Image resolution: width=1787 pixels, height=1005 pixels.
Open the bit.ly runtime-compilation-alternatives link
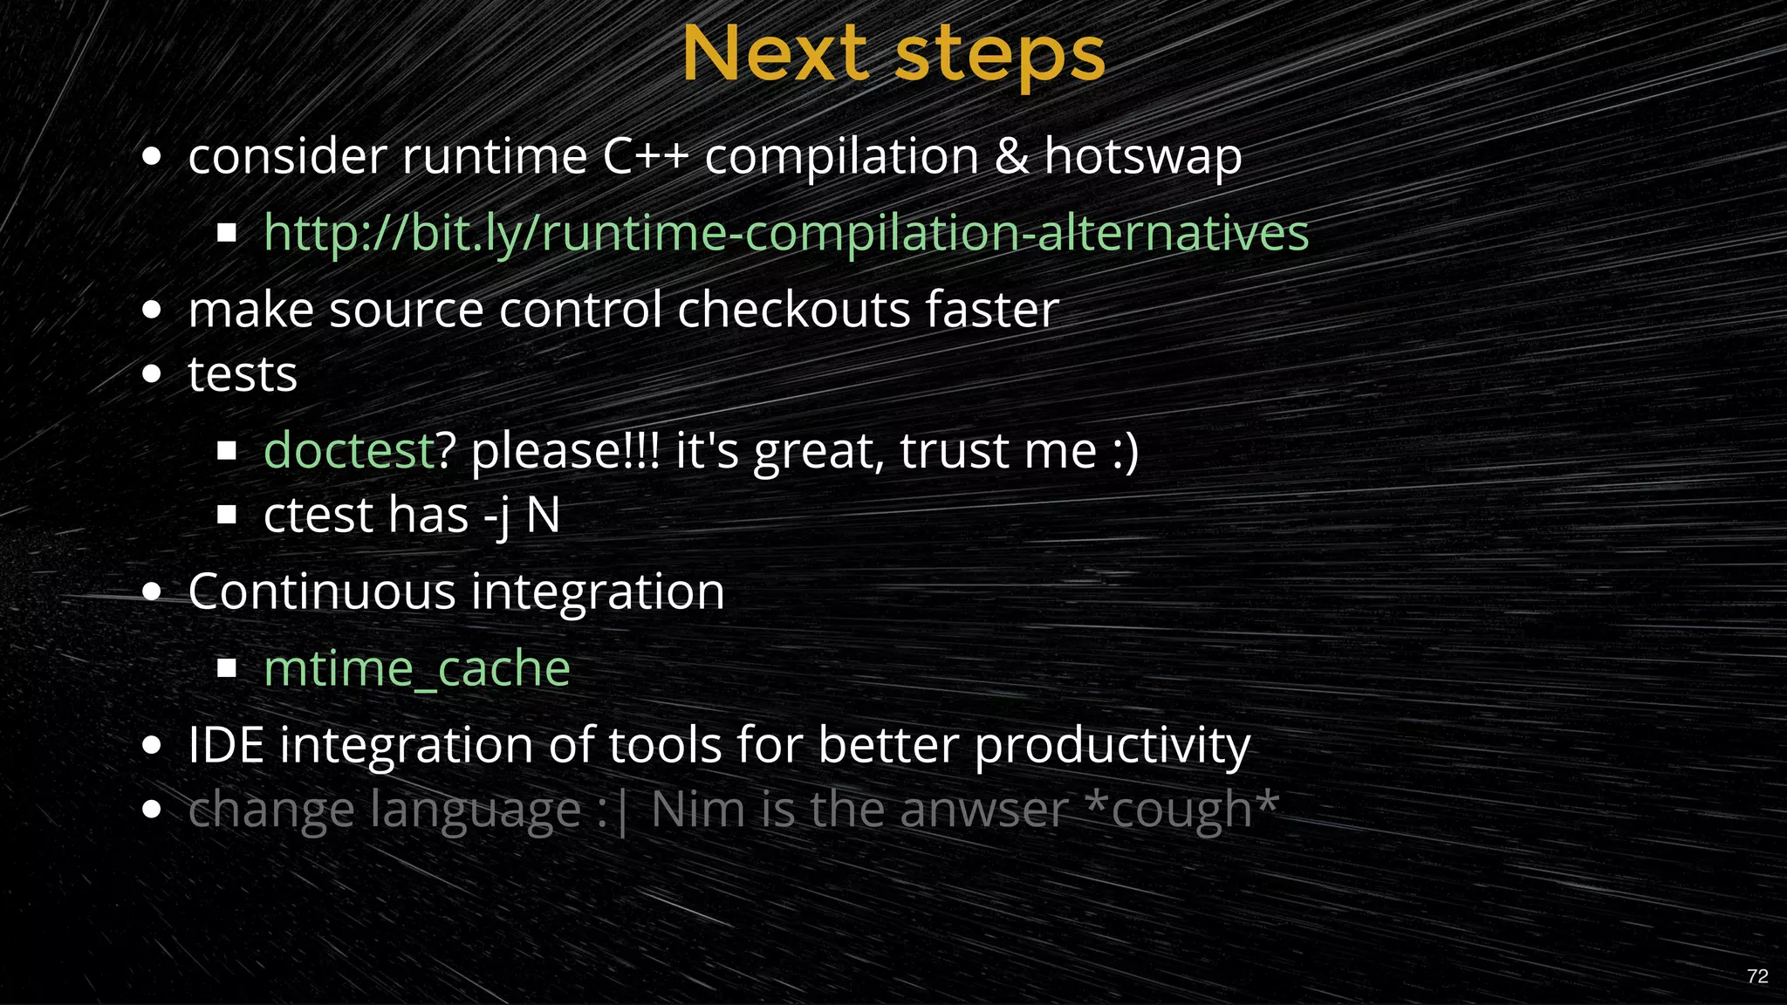point(785,233)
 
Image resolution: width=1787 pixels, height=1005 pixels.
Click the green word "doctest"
point(348,451)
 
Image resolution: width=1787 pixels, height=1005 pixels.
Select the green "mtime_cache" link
point(416,669)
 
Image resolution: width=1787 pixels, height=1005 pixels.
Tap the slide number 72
point(1757,976)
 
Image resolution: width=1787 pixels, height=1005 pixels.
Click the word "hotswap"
point(1142,157)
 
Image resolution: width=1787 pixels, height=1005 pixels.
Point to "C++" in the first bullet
point(645,157)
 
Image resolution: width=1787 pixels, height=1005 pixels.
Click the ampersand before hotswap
point(1011,157)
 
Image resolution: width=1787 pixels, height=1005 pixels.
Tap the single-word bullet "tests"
point(243,375)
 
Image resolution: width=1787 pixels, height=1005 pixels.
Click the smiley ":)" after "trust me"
point(1125,451)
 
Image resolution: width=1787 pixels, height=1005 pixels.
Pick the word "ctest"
point(318,516)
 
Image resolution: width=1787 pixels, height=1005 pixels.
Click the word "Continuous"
point(321,592)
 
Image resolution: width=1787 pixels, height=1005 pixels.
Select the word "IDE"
point(226,746)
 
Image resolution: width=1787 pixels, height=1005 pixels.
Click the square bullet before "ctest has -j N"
point(227,516)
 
